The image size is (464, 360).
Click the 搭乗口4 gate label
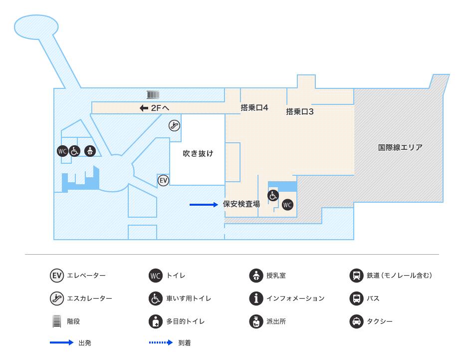pyautogui.click(x=254, y=107)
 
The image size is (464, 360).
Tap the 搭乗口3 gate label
pyautogui.click(x=300, y=112)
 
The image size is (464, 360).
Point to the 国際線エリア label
pyautogui.click(x=400, y=147)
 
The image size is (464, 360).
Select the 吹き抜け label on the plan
pyautogui.click(x=198, y=153)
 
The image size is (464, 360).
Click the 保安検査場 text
pyautogui.click(x=241, y=204)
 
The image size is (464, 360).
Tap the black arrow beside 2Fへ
pyautogui.click(x=144, y=108)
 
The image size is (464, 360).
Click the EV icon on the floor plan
pyautogui.click(x=164, y=180)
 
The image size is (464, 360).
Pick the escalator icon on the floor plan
pyautogui.click(x=174, y=126)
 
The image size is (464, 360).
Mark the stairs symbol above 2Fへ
pyautogui.click(x=153, y=94)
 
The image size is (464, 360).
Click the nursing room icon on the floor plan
pyautogui.click(x=90, y=151)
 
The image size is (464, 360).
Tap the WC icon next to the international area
pyautogui.click(x=287, y=205)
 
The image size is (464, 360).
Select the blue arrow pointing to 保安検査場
pyautogui.click(x=204, y=204)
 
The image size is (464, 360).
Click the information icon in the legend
pyautogui.click(x=256, y=298)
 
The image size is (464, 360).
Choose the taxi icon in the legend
pyautogui.click(x=356, y=321)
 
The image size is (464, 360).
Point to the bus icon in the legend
pyautogui.click(x=356, y=298)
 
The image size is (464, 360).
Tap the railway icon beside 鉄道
pyautogui.click(x=356, y=275)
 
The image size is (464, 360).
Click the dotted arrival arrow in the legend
pyautogui.click(x=161, y=343)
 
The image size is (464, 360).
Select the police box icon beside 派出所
pyautogui.click(x=256, y=321)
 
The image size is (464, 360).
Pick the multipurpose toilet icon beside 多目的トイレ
pyautogui.click(x=156, y=321)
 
